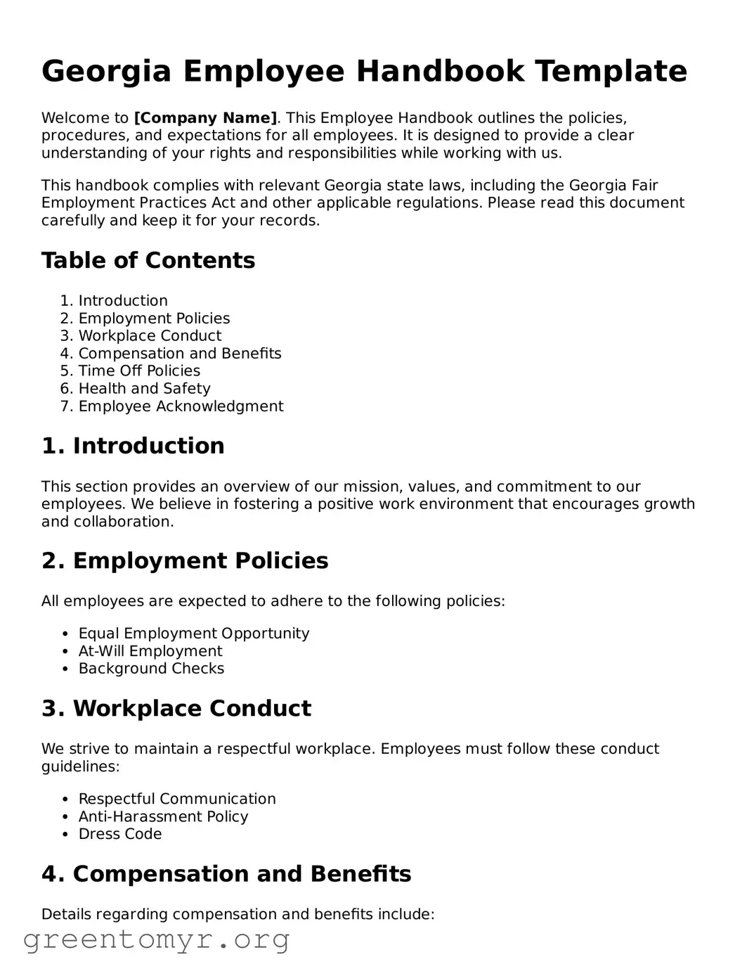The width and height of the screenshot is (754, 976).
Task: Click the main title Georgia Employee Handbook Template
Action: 364,72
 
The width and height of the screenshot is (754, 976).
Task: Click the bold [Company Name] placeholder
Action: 205,118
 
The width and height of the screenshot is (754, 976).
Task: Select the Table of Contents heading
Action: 148,261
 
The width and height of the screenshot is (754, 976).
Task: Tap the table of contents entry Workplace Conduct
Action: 150,336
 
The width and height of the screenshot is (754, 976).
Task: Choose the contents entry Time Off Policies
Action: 139,371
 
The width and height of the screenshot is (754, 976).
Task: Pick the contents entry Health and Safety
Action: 144,389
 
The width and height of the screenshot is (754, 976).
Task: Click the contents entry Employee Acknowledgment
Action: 181,406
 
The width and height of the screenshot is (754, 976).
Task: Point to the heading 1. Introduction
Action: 133,446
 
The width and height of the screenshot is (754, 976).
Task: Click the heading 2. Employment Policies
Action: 185,561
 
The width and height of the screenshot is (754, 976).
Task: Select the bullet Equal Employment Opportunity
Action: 193,634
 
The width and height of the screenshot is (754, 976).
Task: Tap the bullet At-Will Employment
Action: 150,651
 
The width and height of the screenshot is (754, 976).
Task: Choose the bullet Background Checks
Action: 151,669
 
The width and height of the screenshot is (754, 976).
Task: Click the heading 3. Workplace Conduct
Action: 176,709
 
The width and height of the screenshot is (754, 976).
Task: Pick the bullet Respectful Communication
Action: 177,800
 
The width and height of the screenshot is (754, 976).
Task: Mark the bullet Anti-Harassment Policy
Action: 163,817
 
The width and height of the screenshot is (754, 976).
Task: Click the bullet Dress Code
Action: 120,835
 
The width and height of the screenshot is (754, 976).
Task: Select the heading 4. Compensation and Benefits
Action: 226,874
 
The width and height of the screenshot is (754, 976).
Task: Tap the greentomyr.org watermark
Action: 156,940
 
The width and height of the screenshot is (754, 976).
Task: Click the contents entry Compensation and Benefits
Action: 180,354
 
